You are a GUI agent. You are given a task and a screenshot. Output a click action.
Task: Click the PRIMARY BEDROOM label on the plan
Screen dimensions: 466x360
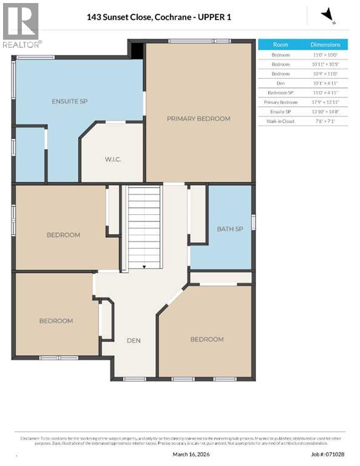(x=199, y=118)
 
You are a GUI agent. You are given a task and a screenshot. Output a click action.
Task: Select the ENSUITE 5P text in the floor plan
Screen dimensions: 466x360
(x=70, y=101)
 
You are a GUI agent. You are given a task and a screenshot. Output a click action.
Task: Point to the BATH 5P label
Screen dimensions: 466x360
(x=230, y=229)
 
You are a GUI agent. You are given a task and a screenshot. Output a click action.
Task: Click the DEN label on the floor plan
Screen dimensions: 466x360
(x=134, y=340)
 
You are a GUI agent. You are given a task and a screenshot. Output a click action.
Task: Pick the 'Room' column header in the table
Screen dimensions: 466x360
(x=280, y=45)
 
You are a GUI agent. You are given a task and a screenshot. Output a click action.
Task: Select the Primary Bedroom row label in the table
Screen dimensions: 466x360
(x=280, y=103)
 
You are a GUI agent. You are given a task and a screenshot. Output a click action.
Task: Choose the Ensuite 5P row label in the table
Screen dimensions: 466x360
(x=280, y=112)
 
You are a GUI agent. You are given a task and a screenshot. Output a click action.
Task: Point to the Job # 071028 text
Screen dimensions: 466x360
(x=328, y=453)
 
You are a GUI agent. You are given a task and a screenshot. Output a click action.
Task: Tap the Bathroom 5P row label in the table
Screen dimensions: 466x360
(x=280, y=93)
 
